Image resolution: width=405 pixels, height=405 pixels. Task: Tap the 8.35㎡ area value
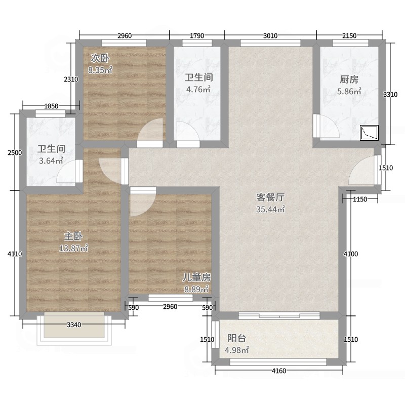coord(100,70)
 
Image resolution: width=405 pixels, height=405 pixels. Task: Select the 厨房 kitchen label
coord(349,79)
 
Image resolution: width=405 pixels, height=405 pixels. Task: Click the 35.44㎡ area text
coord(270,209)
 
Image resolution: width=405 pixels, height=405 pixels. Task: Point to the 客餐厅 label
coord(270,197)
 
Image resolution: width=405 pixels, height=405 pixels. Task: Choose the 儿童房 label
coord(196,277)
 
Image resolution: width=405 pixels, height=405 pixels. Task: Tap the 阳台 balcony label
coord(236,338)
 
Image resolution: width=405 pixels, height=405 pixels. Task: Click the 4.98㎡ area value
coord(236,350)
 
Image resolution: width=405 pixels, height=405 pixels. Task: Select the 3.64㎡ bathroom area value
coord(51,160)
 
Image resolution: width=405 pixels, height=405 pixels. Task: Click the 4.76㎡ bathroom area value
coord(198,90)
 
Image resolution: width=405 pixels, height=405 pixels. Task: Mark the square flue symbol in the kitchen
coord(369,133)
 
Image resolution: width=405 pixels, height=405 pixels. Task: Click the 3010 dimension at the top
coord(270,35)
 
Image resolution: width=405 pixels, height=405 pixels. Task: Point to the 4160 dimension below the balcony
coord(279,371)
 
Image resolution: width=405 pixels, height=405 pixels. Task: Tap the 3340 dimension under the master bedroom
coord(74,325)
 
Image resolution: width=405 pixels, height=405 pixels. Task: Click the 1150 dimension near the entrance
coord(360,199)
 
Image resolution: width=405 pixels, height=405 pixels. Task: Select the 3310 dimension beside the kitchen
coord(390,95)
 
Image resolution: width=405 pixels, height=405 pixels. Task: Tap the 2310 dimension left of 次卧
coord(71,79)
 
